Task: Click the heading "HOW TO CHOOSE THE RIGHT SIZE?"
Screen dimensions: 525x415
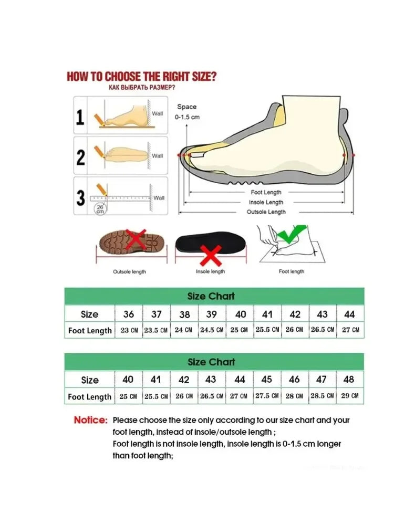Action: [141, 77]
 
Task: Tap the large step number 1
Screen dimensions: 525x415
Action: [80, 117]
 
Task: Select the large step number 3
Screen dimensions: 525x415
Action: [80, 198]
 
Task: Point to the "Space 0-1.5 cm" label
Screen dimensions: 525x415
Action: [187, 112]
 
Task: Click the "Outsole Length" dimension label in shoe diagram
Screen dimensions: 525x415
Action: [266, 212]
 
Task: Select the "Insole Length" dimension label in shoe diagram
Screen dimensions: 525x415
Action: [266, 202]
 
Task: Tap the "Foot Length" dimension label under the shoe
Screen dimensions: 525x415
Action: [266, 193]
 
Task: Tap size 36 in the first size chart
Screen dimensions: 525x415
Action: [129, 314]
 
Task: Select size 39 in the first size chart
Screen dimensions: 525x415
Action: [212, 314]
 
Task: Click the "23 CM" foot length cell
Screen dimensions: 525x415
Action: [129, 330]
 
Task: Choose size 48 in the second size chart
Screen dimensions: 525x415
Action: [349, 380]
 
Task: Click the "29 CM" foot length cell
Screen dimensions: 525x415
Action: [349, 396]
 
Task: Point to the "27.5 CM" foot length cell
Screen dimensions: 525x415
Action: [267, 396]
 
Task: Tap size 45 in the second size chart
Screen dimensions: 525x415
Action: [267, 380]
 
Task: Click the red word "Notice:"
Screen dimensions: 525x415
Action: [90, 420]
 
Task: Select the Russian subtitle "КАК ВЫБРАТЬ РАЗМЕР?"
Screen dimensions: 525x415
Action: [141, 87]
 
